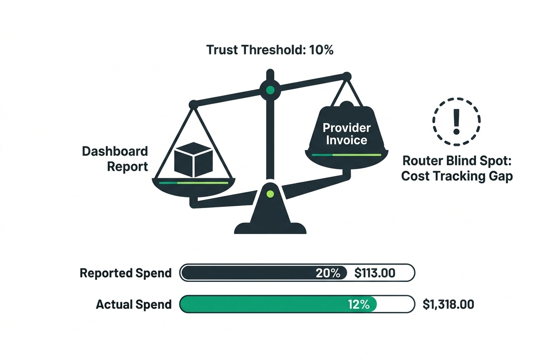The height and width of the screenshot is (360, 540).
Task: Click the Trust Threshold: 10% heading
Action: [x=270, y=50]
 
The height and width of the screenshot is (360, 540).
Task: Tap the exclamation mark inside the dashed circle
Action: [x=456, y=122]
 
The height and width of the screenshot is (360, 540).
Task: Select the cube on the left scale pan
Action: [x=193, y=160]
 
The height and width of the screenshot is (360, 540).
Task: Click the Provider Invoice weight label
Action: [x=346, y=134]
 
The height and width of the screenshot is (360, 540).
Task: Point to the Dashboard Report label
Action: [x=115, y=159]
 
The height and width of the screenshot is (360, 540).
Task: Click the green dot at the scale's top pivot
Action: [x=270, y=90]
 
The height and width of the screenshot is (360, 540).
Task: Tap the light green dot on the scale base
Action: [x=270, y=194]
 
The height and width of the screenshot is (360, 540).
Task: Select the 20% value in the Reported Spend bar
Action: [x=328, y=273]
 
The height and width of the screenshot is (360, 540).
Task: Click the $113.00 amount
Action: [x=374, y=273]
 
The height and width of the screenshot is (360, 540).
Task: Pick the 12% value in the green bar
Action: [x=359, y=304]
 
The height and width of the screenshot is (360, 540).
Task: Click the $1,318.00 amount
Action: [x=448, y=304]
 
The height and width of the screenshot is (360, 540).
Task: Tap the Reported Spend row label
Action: [x=126, y=273]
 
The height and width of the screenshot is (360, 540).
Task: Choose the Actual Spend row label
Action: [x=134, y=304]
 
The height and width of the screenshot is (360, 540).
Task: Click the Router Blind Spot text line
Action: [x=457, y=161]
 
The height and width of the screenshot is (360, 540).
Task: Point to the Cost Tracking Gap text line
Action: [x=457, y=176]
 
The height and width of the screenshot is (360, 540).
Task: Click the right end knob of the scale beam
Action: [x=347, y=76]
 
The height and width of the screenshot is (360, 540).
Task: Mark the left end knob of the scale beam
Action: [x=193, y=104]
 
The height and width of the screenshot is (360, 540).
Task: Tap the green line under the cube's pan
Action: [x=193, y=183]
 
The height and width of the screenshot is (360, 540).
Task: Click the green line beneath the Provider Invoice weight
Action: [x=346, y=155]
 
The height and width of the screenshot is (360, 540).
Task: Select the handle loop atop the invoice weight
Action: [x=346, y=104]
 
